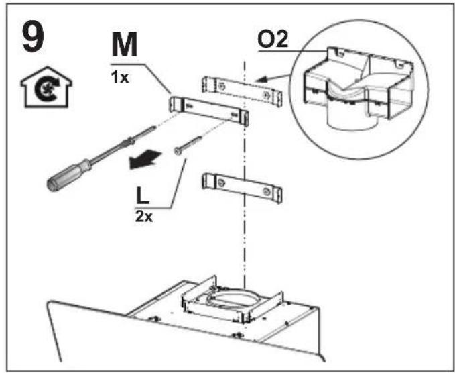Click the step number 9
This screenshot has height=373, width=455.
coord(33,37)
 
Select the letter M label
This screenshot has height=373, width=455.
coord(125,44)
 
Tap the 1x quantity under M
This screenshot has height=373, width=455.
coord(119,78)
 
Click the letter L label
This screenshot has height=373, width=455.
coord(143,196)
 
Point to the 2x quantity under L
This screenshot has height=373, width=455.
coord(143,217)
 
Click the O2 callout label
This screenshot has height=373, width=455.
coord(273,40)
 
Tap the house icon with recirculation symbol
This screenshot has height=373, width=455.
coord(46,87)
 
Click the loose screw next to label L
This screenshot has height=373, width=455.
coord(188,144)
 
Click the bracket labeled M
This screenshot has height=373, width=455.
coord(209,111)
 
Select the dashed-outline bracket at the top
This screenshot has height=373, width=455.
coord(242,91)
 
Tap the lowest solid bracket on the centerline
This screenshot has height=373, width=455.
coord(242,188)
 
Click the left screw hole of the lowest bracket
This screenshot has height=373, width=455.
coord(221,183)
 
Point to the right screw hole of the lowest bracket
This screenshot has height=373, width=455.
coord(266,191)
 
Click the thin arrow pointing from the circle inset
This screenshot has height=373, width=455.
coord(272,78)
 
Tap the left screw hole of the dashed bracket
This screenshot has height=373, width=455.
coord(221,86)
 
